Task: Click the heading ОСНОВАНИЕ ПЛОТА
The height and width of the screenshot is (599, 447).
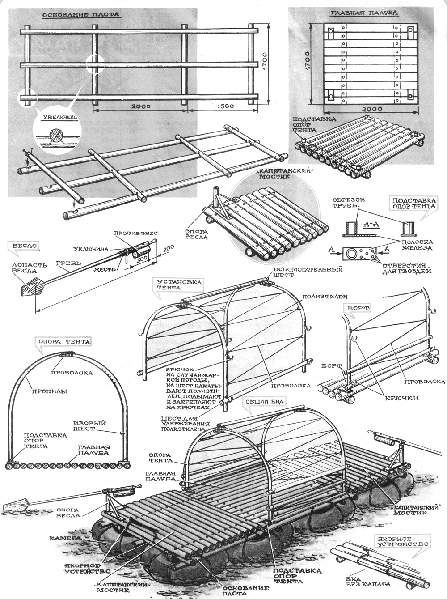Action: [80, 14]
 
